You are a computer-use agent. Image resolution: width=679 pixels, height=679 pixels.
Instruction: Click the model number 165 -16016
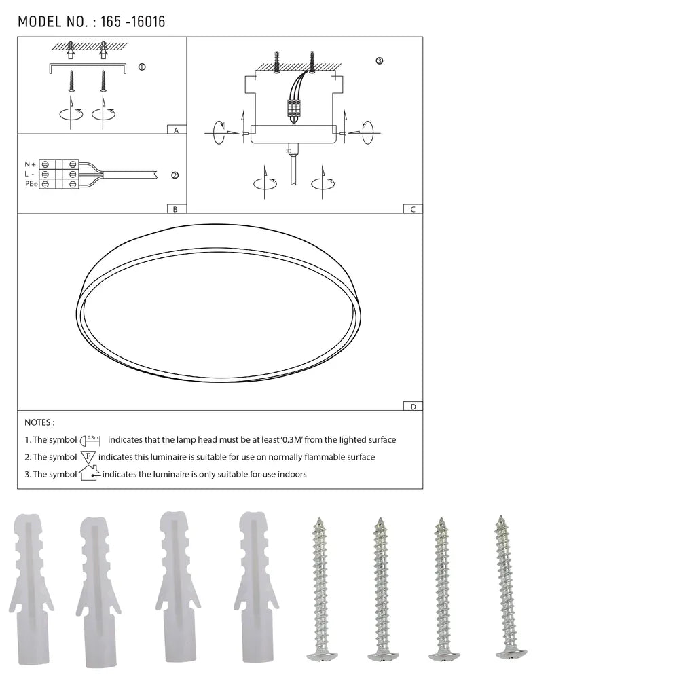(x=132, y=22)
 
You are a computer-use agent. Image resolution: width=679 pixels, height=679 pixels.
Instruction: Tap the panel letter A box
(x=176, y=129)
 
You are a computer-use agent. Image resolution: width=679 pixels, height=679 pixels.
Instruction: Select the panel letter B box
(x=175, y=209)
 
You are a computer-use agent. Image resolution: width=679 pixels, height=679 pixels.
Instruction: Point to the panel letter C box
(x=412, y=209)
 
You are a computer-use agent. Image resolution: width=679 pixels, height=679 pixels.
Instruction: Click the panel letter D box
(x=412, y=406)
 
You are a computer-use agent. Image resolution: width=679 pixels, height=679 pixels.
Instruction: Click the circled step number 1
(x=141, y=67)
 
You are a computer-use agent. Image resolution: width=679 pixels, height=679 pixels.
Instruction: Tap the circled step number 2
(x=175, y=175)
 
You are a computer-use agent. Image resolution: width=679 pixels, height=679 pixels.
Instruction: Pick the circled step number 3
(x=379, y=61)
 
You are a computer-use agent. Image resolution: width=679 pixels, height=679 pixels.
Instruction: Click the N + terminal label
(x=30, y=164)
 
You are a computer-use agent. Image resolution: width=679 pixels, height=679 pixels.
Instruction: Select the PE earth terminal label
(x=31, y=184)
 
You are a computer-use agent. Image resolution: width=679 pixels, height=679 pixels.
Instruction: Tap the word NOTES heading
(x=39, y=422)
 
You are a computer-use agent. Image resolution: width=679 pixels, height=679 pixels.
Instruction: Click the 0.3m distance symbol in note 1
(x=90, y=440)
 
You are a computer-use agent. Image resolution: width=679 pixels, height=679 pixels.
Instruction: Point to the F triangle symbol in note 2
(x=88, y=457)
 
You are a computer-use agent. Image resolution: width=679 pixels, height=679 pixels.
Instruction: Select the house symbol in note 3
(x=89, y=473)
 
